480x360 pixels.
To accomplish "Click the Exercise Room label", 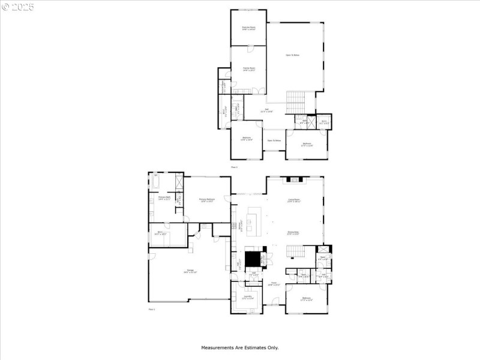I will pos(248,28).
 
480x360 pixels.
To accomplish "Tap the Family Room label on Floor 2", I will pos(248,69).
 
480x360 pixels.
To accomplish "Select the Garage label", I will pos(190,272).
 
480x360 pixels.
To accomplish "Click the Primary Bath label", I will pos(164,198).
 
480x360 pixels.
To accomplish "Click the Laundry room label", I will pos(247,298).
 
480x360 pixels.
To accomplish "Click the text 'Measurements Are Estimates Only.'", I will pos(239,347).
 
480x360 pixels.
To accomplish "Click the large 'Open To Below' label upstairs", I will pos(292,55).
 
